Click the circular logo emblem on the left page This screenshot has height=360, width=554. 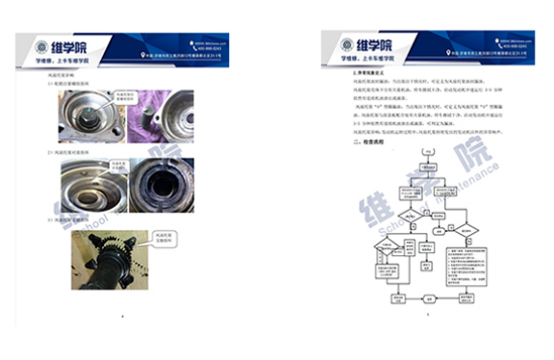click(40, 47)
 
